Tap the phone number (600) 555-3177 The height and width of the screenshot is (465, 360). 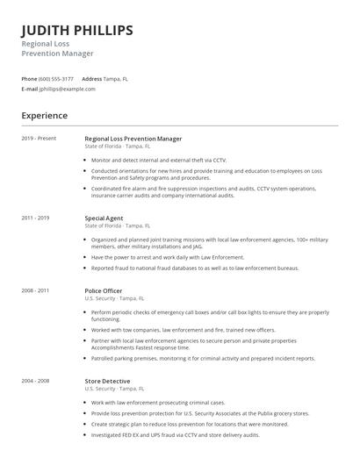tap(56, 79)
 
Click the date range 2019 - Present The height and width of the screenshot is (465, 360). tap(39, 139)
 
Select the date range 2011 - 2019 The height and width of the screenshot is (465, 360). tap(35, 217)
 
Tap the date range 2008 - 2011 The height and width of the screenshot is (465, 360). tap(35, 290)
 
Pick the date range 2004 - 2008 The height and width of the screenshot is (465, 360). tap(35, 381)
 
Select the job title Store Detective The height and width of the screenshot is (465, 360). tap(107, 381)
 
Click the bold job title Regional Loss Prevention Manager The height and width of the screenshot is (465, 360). tap(133, 139)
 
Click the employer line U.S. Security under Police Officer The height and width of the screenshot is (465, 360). tap(99, 298)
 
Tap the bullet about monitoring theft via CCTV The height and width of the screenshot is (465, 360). tap(158, 161)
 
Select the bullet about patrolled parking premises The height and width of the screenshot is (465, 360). tap(203, 358)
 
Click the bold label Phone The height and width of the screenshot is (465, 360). tap(29, 79)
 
